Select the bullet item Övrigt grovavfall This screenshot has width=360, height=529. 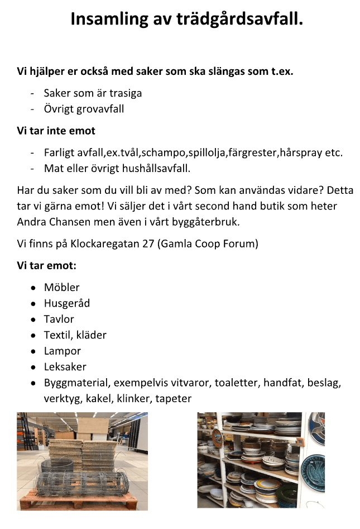coord(84,109)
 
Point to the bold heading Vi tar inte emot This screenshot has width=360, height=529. coord(56,131)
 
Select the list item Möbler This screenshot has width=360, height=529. coord(62,288)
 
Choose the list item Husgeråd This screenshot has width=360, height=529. coord(67,303)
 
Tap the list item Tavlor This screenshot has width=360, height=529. coord(59,320)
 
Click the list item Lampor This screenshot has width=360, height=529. coord(63,351)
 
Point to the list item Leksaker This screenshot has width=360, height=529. coord(65,367)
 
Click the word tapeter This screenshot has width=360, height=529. coord(174,399)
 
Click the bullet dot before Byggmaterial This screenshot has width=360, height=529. coord(33,383)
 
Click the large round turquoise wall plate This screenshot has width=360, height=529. coord(313,469)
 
